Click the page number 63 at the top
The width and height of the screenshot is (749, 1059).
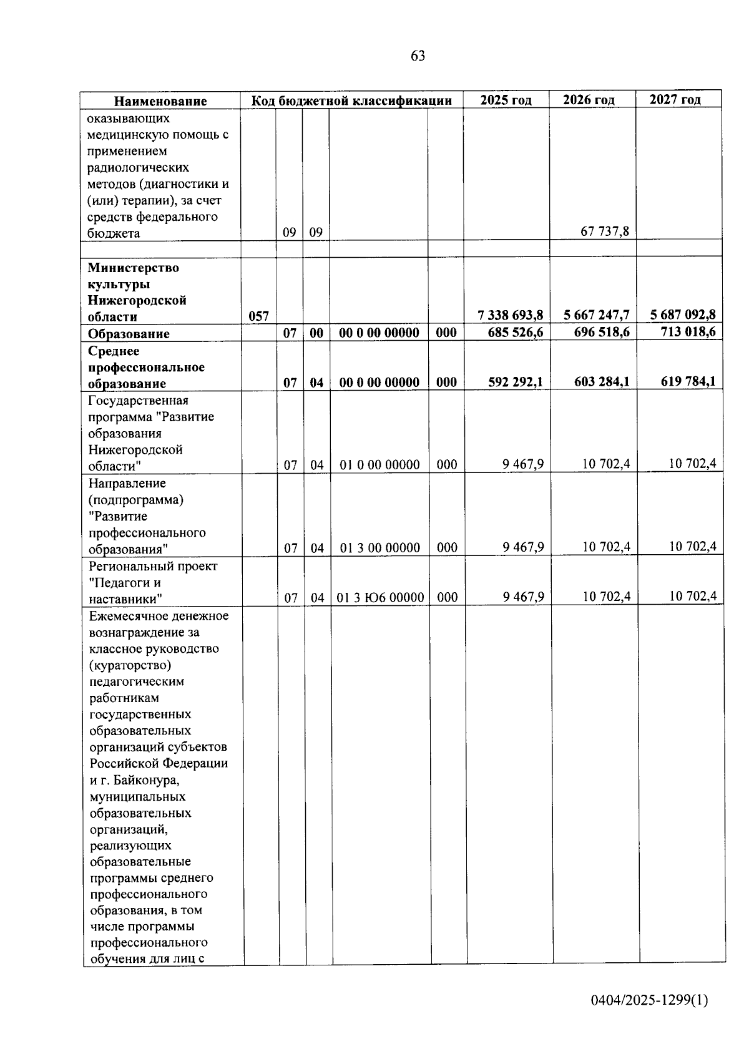(x=418, y=56)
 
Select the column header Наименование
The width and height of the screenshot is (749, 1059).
(x=160, y=101)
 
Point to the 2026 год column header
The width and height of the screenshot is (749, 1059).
(x=589, y=100)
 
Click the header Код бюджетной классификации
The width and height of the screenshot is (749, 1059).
(x=351, y=100)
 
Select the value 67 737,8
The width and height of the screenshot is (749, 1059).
(x=605, y=232)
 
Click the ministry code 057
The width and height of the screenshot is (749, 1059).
(x=258, y=316)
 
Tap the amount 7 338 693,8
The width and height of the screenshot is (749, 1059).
(x=511, y=315)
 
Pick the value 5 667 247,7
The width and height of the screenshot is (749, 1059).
(x=597, y=315)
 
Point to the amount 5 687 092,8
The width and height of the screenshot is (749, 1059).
(x=683, y=315)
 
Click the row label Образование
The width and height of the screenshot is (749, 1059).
(x=129, y=334)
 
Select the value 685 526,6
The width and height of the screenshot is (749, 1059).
(x=516, y=333)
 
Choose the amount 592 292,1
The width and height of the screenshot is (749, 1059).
(x=516, y=381)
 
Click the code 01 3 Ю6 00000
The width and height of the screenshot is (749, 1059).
(x=380, y=597)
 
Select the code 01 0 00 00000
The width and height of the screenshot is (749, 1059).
(x=379, y=465)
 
